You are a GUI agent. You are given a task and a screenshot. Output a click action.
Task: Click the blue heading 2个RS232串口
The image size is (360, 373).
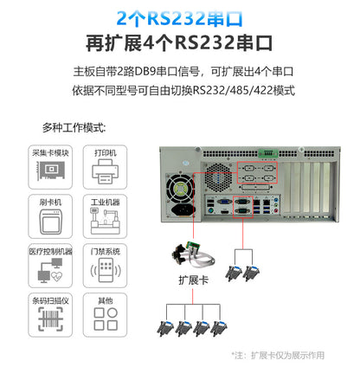(x=179, y=17)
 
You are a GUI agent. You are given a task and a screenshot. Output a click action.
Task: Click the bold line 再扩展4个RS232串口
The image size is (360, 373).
(x=179, y=42)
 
